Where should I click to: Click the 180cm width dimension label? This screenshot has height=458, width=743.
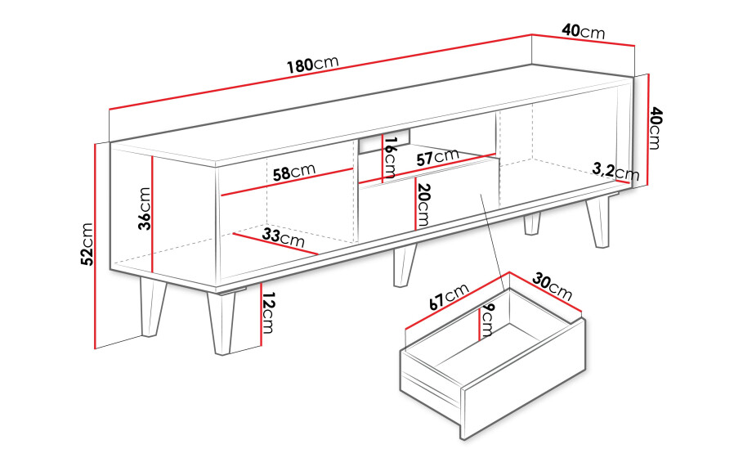tap(313, 64)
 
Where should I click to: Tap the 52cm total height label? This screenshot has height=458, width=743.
tap(87, 245)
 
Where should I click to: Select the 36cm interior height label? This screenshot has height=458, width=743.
tap(145, 209)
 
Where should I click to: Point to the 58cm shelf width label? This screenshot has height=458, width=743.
tap(293, 172)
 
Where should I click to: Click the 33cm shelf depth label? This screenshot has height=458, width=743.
tap(284, 236)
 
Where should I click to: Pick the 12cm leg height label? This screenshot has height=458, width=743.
tap(268, 313)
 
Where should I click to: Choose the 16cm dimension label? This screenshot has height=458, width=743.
tap(390, 158)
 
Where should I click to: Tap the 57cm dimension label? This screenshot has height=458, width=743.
tap(438, 157)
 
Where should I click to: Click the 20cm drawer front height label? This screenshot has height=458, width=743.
tap(423, 204)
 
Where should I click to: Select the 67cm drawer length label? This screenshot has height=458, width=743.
tap(449, 296)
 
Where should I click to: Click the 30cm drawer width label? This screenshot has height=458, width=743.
tap(552, 286)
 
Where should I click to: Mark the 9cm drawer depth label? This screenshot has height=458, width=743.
tap(488, 321)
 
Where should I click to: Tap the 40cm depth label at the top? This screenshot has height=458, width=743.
tap(584, 31)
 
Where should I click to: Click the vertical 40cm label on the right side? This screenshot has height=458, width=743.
tap(656, 128)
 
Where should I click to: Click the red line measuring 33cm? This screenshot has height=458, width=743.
tap(275, 244)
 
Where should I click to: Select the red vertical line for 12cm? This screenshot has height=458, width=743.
tap(261, 315)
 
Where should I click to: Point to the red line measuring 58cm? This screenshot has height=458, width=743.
tap(287, 182)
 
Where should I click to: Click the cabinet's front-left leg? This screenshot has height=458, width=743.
tap(222, 323)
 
